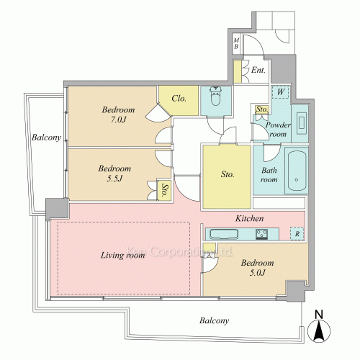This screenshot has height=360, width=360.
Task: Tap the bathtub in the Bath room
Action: [x=297, y=171]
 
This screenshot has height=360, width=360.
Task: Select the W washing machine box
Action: [x=281, y=92]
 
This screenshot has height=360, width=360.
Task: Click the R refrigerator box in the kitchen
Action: [x=297, y=233]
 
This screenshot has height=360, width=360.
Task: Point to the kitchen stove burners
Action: [x=261, y=234]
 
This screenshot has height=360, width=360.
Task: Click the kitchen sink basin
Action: [x=224, y=234]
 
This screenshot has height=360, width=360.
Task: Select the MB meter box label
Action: [x=236, y=43]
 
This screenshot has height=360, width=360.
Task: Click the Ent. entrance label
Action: [x=258, y=70]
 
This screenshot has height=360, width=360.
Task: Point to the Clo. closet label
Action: [x=179, y=99]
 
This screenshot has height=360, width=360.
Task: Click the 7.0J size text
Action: [x=118, y=120]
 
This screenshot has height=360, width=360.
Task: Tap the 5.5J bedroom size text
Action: [x=114, y=179]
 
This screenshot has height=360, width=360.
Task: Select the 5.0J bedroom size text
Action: [x=257, y=273]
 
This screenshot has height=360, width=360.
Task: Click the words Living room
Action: [x=122, y=255]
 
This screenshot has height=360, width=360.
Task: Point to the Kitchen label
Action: [x=250, y=218]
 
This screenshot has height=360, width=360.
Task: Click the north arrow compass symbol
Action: [x=319, y=328]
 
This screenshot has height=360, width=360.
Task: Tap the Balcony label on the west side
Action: [x=47, y=138]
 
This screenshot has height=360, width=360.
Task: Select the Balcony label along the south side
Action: [x=214, y=320]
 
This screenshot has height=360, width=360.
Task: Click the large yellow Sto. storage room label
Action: [x=228, y=174]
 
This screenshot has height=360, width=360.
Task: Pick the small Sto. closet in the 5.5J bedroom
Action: [x=164, y=190]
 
